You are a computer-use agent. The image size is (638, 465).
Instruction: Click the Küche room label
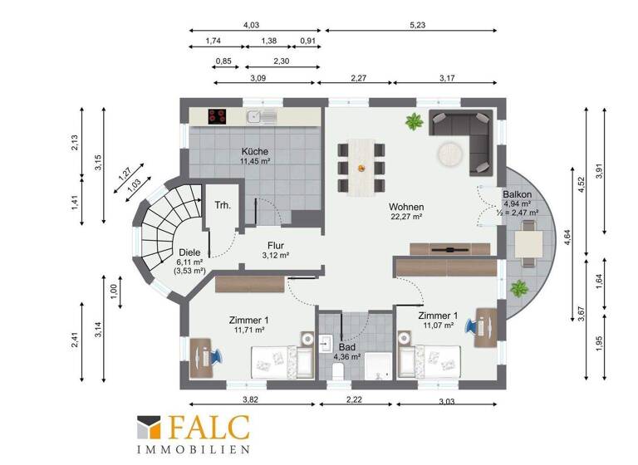254,153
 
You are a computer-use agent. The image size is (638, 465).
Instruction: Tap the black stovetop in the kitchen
218,117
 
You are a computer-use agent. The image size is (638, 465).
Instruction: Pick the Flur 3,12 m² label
277,250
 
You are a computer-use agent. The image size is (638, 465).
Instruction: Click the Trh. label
222,205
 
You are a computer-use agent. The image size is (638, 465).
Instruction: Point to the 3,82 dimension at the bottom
248,401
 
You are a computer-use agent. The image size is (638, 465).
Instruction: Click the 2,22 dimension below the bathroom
354,401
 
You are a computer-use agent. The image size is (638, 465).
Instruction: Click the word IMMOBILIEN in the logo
193,449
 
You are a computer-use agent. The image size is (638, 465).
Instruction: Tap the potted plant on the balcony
520,288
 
